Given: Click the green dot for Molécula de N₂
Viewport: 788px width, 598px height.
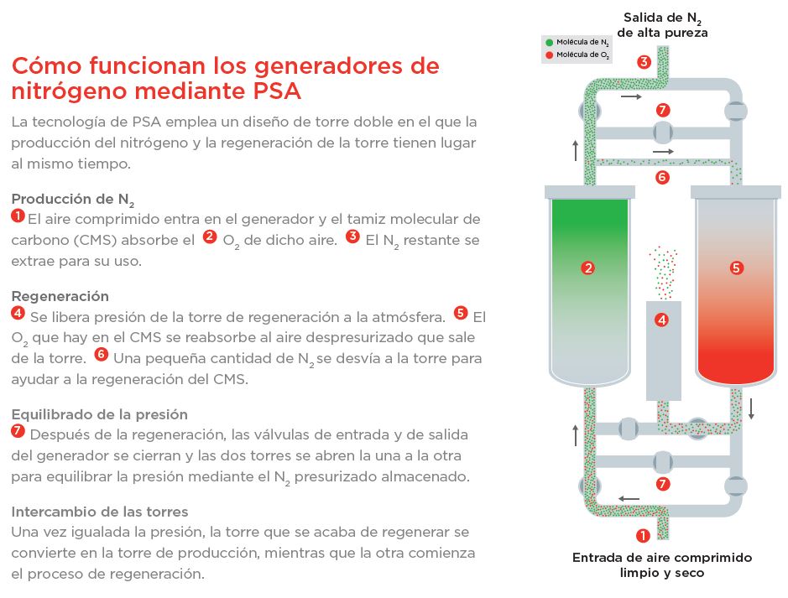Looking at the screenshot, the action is tap(550, 42).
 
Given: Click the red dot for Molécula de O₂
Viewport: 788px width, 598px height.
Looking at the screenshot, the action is tap(550, 55).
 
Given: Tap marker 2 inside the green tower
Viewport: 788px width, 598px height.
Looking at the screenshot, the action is tap(588, 268).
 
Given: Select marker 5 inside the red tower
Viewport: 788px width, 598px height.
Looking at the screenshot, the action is tap(736, 268).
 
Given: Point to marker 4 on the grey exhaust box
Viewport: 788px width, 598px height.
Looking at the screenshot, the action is tap(662, 320).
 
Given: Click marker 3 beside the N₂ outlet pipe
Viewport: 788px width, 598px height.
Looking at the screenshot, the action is tap(644, 62).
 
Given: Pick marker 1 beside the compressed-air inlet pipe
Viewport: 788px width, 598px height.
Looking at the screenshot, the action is tap(643, 536).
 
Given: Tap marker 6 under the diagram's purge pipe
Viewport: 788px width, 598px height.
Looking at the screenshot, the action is tap(662, 177).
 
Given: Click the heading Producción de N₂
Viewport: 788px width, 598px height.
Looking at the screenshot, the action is tap(73, 200).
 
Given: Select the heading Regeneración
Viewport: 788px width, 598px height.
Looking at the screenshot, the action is tap(60, 296).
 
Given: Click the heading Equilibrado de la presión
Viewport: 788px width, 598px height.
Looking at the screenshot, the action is tap(100, 414).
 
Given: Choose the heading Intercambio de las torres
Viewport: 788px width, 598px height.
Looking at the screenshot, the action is tap(100, 512).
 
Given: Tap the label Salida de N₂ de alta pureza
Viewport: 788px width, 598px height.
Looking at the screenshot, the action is tap(662, 25).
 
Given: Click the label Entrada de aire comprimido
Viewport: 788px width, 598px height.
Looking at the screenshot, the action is tap(662, 558).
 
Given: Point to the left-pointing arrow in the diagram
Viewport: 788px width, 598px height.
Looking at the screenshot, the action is tap(629, 498).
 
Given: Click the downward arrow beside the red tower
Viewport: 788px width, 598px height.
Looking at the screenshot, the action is tap(751, 408).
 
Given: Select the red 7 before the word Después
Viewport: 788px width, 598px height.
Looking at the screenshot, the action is tap(18, 431).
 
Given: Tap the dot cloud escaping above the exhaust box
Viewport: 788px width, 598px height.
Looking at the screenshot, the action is tap(663, 273).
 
